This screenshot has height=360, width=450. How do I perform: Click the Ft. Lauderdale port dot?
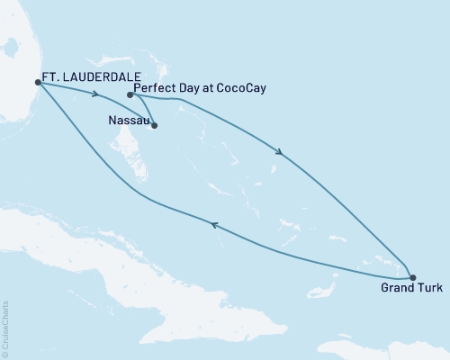click(x=37, y=82)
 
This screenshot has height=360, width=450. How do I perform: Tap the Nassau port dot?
click(x=155, y=125)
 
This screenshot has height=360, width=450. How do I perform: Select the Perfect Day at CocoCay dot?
click(x=130, y=94)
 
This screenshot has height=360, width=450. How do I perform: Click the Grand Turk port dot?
click(x=412, y=278)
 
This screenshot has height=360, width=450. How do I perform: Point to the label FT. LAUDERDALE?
click(x=85, y=78)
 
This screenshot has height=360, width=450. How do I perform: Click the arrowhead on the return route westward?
click(x=213, y=226)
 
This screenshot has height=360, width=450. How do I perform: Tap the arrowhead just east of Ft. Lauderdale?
click(x=94, y=93)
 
